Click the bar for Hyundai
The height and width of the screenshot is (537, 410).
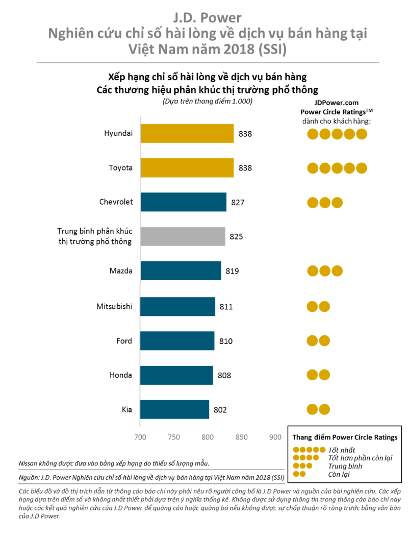pos(187,133)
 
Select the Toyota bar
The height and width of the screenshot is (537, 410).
pos(187,167)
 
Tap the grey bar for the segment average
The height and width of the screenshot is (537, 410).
pos(183,236)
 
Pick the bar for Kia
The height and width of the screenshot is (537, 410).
pos(174,409)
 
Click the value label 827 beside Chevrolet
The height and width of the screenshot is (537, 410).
pos(238,202)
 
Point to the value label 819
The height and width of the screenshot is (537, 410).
pos(232,271)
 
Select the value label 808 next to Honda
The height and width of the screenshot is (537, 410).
pos(224,375)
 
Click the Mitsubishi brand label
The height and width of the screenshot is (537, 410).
pos(114,306)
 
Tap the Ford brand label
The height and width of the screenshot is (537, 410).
pos(124,340)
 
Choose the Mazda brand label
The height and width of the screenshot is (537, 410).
pos(121,271)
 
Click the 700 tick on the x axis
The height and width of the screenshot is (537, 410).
pos(140,437)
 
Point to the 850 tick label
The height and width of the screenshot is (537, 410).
pos(241,437)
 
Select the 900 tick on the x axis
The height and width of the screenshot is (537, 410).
pos(275,437)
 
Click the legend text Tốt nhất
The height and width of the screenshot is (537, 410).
pos(342,450)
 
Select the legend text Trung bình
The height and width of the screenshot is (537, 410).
pos(345,466)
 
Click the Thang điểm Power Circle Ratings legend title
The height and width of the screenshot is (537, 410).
pos(345,437)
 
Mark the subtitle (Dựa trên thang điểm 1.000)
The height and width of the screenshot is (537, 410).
pos(208,101)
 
